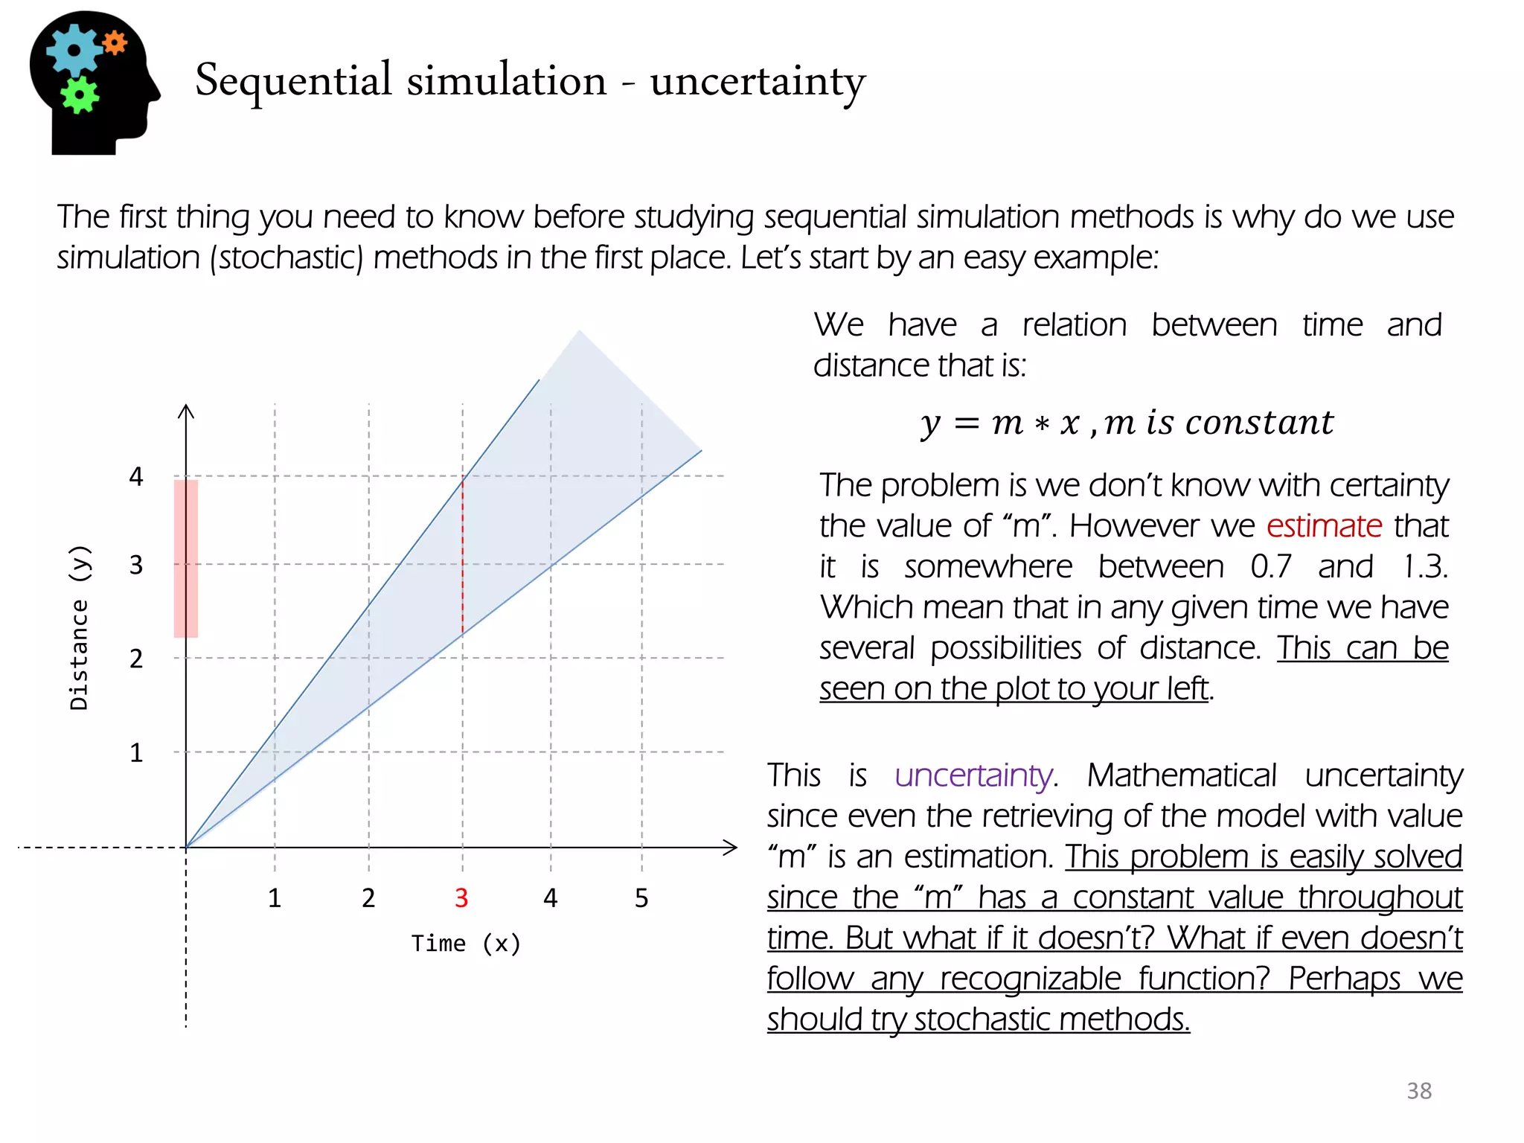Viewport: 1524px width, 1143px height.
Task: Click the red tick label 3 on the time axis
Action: [461, 898]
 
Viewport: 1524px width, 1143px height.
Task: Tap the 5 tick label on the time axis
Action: [641, 898]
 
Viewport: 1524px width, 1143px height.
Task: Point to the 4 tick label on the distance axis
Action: [136, 476]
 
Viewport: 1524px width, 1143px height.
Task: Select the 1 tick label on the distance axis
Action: [136, 753]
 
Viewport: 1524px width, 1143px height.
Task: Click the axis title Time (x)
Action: [466, 944]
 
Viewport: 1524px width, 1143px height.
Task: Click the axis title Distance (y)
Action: [79, 627]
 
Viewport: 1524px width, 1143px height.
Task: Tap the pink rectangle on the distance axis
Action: [186, 558]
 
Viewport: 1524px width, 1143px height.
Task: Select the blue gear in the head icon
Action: [73, 50]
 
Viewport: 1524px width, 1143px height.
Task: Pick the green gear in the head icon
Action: [80, 95]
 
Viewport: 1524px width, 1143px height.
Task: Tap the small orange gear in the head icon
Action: [115, 42]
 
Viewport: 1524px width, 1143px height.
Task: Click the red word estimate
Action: [1324, 526]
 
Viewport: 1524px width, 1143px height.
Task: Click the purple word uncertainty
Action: [974, 775]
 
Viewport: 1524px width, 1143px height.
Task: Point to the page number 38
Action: [1419, 1091]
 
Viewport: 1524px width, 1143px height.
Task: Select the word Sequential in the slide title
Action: [293, 80]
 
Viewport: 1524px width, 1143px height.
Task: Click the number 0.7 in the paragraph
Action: [1270, 567]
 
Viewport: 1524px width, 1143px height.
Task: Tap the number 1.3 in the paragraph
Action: [1424, 567]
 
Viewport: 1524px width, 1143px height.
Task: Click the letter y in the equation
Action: [930, 424]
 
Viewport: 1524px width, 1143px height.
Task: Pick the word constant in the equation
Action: [1259, 423]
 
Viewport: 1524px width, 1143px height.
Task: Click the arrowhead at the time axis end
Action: [731, 847]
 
